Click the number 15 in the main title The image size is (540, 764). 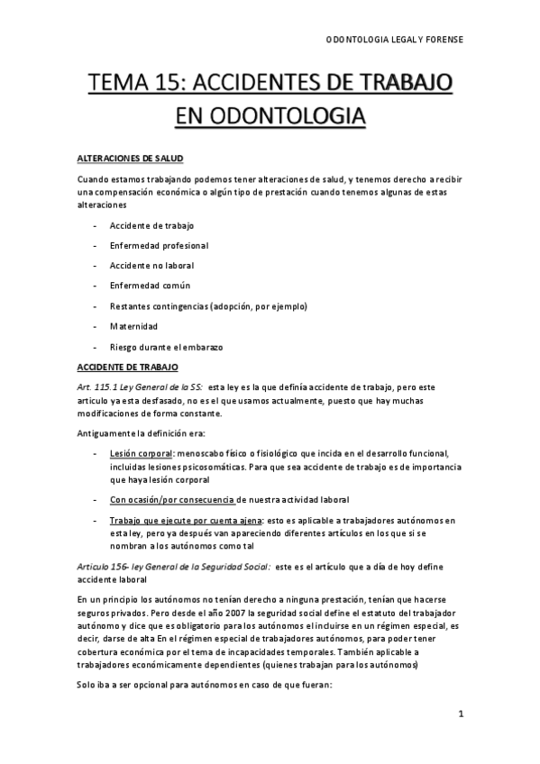point(188,86)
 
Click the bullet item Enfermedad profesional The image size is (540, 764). point(158,245)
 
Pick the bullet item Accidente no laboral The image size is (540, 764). point(151,266)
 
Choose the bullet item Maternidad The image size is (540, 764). point(133,326)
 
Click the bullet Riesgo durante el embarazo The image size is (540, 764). point(166,347)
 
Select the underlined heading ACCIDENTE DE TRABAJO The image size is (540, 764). point(128,368)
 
